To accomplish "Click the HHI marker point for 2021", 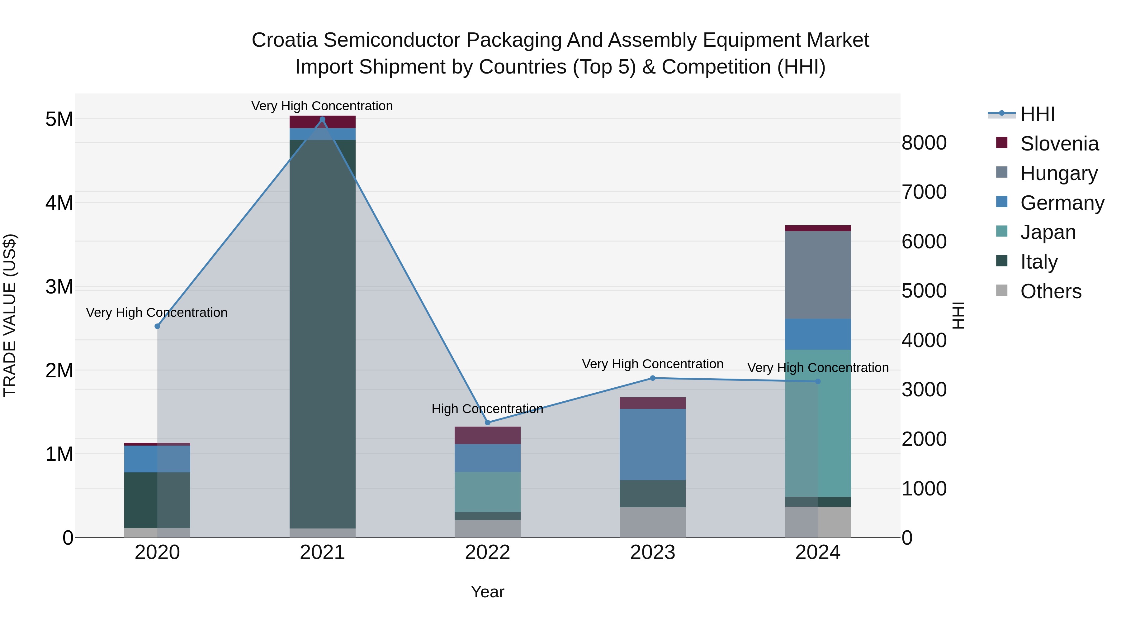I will [322, 119].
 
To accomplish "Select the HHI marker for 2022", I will [487, 423].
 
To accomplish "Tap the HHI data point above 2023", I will [652, 378].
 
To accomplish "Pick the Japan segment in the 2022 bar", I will [487, 492].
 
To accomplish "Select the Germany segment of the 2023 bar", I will [652, 444].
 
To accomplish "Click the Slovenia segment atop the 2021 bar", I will [322, 122].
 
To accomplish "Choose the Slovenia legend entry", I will [1059, 144].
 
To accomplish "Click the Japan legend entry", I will [1048, 232].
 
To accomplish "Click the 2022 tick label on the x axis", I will [487, 552].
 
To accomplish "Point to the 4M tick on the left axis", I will [59, 203].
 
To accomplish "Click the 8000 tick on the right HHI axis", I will [924, 143].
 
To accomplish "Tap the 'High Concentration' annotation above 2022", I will [487, 409].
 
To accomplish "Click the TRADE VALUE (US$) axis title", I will [10, 315].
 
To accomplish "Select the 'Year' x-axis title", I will [487, 592].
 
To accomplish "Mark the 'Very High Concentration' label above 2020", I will [157, 312].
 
